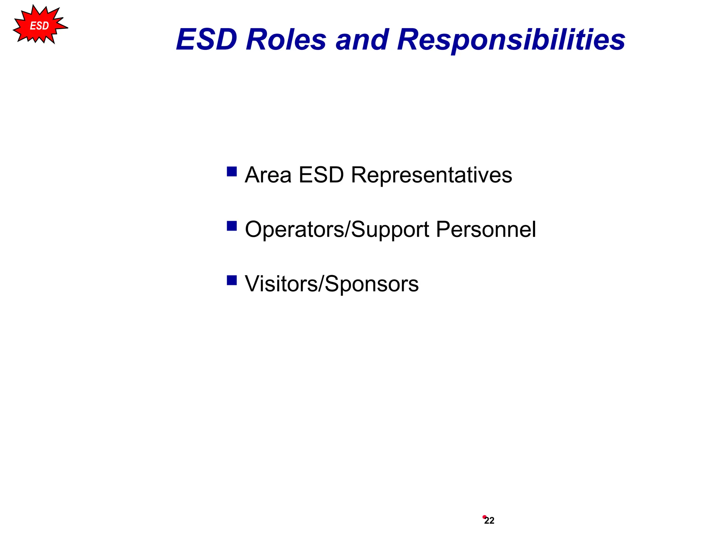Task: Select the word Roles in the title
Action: click(x=286, y=39)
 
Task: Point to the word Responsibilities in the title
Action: click(x=511, y=39)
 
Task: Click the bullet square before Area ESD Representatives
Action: click(x=232, y=172)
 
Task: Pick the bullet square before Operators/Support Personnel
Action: click(x=232, y=226)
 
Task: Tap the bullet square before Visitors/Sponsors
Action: click(x=232, y=280)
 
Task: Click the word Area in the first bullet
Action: click(x=268, y=175)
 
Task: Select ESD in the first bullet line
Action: click(x=321, y=175)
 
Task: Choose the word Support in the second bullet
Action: click(x=390, y=229)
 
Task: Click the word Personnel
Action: click(x=486, y=229)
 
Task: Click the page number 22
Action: click(x=489, y=521)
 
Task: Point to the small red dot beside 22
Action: click(x=484, y=517)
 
